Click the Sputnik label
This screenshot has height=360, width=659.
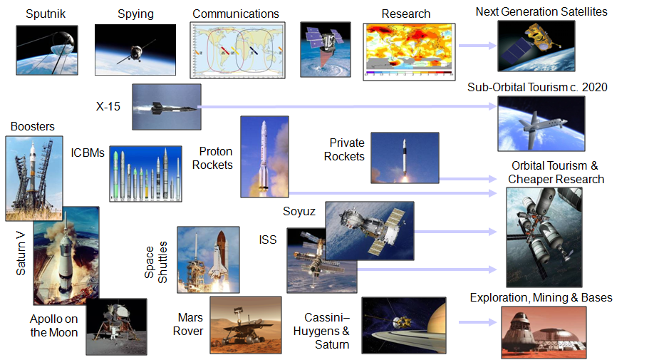46,14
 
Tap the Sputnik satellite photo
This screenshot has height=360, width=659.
47,50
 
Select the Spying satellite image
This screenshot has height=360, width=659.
135,50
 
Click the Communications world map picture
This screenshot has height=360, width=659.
237,51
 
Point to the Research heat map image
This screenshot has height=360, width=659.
409,52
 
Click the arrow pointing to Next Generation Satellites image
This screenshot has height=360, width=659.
477,46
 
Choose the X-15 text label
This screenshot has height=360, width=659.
108,106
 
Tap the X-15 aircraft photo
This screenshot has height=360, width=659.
167,107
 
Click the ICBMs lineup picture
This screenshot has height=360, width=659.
145,174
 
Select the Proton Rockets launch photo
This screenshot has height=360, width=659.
264,157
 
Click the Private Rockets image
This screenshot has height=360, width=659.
405,158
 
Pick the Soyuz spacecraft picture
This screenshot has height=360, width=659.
370,230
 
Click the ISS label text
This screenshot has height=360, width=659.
268,240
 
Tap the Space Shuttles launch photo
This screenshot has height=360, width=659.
209,260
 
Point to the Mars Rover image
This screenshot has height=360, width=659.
246,325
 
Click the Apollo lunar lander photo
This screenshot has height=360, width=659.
116,326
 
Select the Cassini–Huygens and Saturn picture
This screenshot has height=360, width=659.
404,326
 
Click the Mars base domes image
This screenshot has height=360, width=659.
544,332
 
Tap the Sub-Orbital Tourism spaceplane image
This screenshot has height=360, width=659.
541,123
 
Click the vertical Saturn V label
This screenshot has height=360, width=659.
21,254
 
